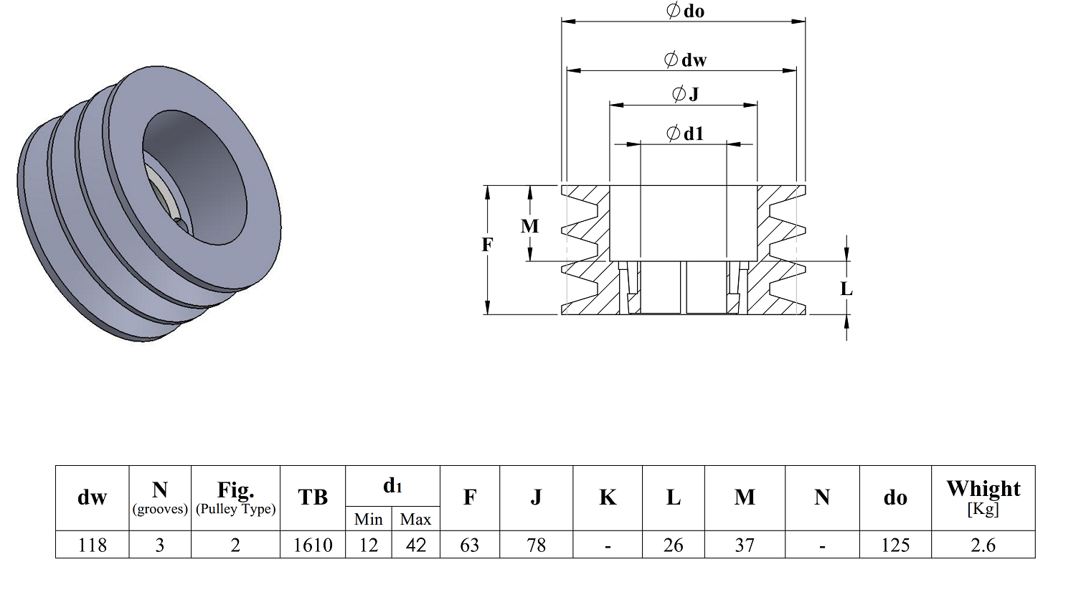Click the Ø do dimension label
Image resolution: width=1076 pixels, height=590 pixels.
[686, 11]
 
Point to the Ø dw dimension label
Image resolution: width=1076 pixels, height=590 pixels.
[686, 60]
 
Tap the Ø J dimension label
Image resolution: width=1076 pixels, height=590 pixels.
[686, 94]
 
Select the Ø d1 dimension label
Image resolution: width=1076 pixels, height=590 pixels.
[686, 133]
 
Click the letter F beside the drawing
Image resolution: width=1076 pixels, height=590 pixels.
[488, 245]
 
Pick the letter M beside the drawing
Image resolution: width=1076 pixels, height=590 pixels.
[530, 226]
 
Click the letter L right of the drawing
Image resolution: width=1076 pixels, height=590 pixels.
[846, 289]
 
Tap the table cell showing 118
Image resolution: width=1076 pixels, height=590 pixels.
[93, 545]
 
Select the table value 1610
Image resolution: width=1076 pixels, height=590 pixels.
[313, 545]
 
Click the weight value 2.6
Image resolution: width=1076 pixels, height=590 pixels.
[983, 545]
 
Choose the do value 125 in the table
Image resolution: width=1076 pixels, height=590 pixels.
[895, 545]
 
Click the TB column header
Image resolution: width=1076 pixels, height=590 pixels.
[313, 497]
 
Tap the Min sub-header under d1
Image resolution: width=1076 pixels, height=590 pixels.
[369, 519]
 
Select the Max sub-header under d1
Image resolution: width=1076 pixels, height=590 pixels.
[415, 519]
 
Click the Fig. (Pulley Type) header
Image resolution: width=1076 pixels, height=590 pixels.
[235, 497]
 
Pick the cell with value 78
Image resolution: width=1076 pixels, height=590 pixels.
[536, 545]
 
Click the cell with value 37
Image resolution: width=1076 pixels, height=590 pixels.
[745, 545]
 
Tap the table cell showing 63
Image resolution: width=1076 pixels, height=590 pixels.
[470, 545]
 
